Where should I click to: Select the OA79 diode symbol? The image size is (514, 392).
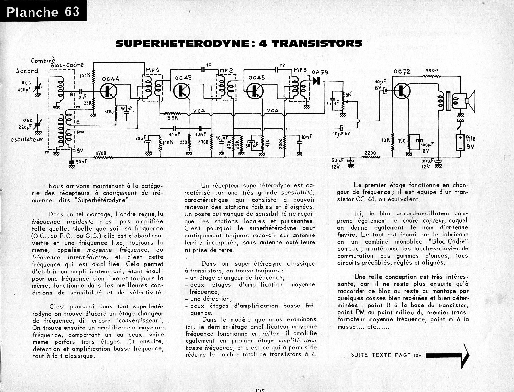coord(317,80)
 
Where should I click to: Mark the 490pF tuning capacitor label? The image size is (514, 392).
coord(24,90)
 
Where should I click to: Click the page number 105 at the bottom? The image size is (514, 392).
coord(260,390)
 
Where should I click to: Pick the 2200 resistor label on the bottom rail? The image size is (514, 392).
coord(370,153)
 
